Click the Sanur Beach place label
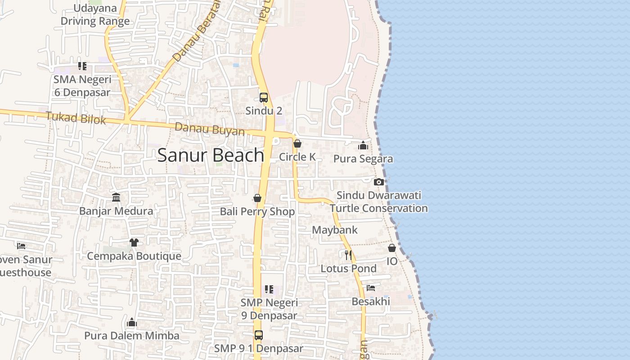point(211,155)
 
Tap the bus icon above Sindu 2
point(264,97)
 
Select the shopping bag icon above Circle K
point(297,144)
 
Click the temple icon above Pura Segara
point(363,145)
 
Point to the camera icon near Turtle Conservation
point(379,182)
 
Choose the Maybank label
point(335,230)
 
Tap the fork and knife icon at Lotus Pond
point(348,255)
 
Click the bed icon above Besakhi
point(371,288)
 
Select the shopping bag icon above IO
point(392,248)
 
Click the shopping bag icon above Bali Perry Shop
point(257,198)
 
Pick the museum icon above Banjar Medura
point(116,197)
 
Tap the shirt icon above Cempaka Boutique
point(134,243)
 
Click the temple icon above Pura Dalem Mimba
point(132,322)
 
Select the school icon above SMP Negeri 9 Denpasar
point(269,289)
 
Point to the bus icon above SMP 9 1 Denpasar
point(258,335)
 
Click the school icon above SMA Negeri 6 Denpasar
point(82,66)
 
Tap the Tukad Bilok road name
point(76,118)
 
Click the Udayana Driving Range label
point(95,14)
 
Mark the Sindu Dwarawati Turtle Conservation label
point(379,202)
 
